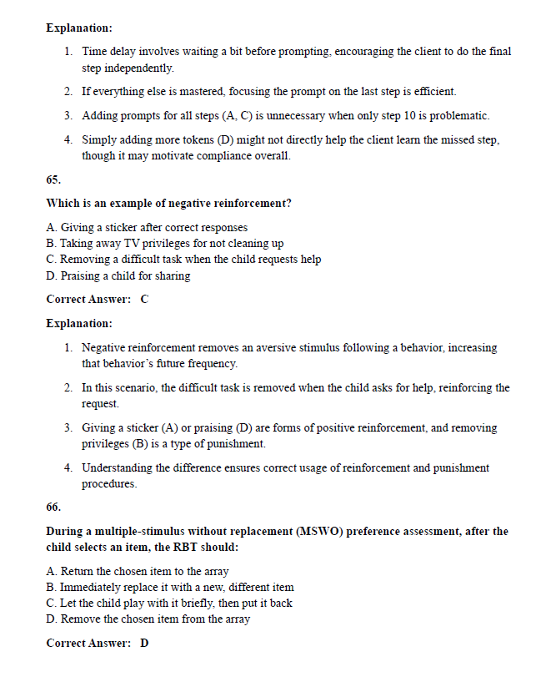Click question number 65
coord(53,179)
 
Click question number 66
coord(53,507)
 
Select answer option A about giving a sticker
coord(147,227)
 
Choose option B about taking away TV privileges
coord(165,243)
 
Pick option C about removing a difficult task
coord(183,259)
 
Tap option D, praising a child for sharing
coord(118,275)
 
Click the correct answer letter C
coord(144,299)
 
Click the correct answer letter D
coord(144,643)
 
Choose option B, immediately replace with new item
coord(170,587)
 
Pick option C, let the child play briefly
coord(169,603)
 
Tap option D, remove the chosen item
coord(148,619)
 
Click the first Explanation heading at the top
coord(79,28)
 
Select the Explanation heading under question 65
coord(79,323)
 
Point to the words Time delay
coord(109,52)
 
